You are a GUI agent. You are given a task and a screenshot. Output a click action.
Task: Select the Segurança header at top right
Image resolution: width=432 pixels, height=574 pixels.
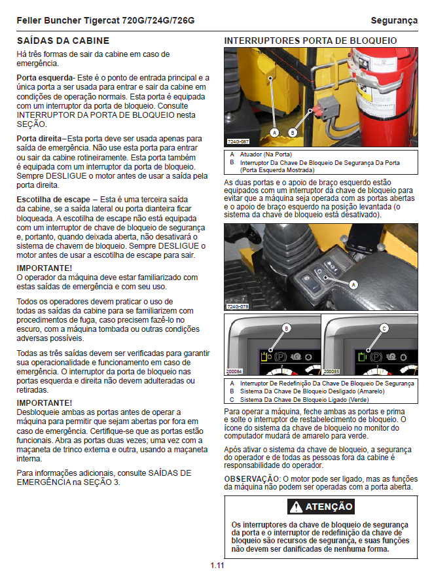click(x=393, y=21)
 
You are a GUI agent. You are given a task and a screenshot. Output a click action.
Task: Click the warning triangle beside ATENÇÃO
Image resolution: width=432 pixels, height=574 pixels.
click(x=297, y=507)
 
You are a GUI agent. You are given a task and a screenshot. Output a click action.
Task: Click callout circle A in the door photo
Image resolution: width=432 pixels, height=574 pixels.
click(x=274, y=132)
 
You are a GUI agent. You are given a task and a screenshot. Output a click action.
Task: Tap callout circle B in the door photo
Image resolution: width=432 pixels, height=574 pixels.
click(x=293, y=132)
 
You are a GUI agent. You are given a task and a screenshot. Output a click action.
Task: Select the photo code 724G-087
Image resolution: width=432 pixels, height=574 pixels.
click(x=238, y=141)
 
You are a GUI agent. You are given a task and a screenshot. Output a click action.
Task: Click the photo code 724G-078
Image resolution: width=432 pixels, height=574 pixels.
click(x=238, y=306)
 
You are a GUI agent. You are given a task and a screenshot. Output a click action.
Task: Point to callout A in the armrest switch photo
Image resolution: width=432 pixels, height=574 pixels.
click(x=354, y=285)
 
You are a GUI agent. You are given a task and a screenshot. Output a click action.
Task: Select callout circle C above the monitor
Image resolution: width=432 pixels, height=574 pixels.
click(x=384, y=328)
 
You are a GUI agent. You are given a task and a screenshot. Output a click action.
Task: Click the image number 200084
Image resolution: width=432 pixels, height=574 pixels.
click(x=234, y=371)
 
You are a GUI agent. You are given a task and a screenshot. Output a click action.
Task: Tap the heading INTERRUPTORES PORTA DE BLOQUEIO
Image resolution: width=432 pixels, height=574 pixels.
click(x=310, y=41)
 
